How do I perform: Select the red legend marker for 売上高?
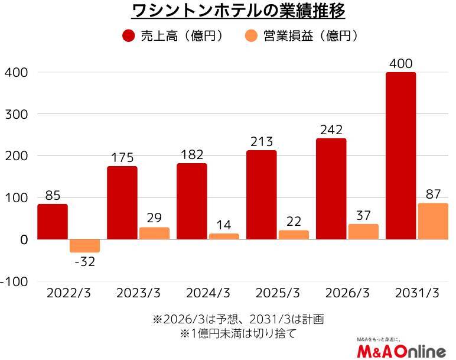click(x=128, y=36)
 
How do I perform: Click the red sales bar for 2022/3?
click(x=53, y=222)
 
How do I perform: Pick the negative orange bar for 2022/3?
click(x=85, y=246)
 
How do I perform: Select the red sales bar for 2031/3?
click(x=400, y=156)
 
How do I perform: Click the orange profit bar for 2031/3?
click(x=433, y=222)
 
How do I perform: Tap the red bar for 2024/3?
click(x=192, y=202)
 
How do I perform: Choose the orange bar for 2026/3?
click(x=363, y=232)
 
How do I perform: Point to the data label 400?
click(x=400, y=63)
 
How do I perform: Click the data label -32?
click(x=85, y=262)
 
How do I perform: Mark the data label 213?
click(x=261, y=141)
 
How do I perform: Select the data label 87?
click(x=433, y=194)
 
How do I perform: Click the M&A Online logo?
click(x=401, y=350)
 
